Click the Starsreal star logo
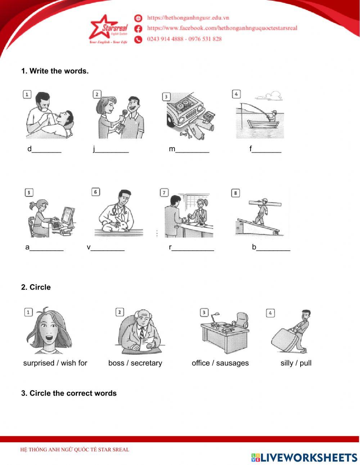109,28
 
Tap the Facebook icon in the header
138,29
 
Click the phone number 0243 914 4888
165,39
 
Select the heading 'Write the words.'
59,71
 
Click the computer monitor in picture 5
68,216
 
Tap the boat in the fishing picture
263,124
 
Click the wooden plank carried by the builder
265,203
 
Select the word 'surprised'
39,363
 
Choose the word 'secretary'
147,363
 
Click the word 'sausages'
232,363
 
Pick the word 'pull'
306,363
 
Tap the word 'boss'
116,363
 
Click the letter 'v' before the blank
89,247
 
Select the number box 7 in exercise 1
164,193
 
